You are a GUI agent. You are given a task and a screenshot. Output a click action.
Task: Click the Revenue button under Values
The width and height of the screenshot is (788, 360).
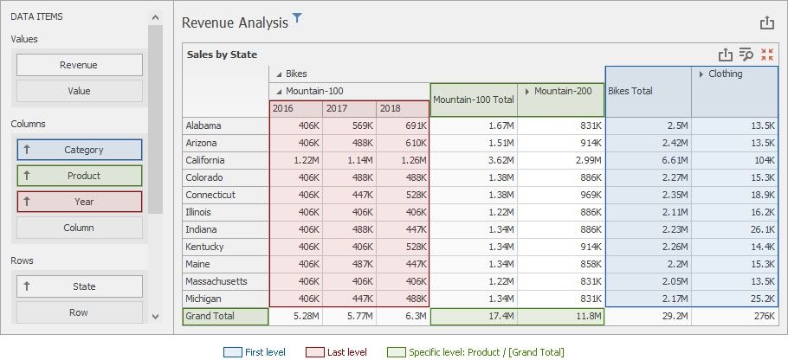click(79, 65)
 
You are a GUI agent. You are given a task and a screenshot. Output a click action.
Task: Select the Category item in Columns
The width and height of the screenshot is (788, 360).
click(79, 150)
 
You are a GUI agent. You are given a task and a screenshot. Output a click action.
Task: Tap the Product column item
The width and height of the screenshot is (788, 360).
click(79, 176)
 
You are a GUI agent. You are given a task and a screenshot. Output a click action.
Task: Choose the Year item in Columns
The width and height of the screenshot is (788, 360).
click(79, 202)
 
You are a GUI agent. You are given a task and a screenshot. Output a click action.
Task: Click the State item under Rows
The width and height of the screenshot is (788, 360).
click(79, 286)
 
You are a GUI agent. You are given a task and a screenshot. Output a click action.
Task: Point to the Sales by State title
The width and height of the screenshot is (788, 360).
click(222, 55)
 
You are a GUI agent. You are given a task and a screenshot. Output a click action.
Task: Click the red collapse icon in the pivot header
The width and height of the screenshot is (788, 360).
click(766, 55)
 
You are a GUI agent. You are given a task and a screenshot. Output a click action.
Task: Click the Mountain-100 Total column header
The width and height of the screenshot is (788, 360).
click(474, 100)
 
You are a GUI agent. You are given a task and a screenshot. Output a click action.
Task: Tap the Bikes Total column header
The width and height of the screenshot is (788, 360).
click(648, 91)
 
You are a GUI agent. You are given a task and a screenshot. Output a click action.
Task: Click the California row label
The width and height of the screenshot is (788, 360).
click(206, 160)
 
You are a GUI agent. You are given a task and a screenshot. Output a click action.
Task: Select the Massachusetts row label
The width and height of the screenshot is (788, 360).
click(216, 281)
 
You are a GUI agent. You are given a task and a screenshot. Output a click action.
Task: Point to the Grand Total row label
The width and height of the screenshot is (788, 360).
click(210, 317)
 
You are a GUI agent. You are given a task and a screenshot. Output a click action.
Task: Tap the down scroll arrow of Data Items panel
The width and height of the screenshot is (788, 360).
click(155, 317)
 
